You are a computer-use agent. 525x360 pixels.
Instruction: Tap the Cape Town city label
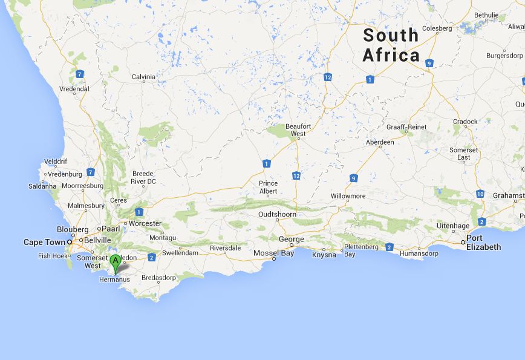tap(44, 242)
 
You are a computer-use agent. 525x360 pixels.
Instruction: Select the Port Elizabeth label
tap(483, 242)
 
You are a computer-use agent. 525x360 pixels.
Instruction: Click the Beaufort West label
tap(298, 129)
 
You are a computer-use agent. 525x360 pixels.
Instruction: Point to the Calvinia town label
tap(143, 77)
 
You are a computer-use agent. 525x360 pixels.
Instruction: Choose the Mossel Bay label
tap(273, 253)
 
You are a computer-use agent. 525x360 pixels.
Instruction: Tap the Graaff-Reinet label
tap(406, 127)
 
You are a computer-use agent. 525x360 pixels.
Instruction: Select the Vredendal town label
tap(74, 89)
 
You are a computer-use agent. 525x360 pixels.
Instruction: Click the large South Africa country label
tap(391, 45)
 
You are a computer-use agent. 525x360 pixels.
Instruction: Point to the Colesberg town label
tap(437, 28)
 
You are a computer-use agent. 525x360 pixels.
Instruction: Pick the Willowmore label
tap(348, 196)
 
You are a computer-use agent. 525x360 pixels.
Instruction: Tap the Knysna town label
tap(324, 255)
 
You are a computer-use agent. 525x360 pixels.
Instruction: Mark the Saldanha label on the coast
tap(42, 186)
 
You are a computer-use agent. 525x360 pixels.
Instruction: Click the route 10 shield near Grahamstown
tap(480, 194)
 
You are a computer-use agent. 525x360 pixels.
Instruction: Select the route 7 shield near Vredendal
tap(79, 74)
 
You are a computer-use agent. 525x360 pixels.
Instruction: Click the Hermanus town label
tap(115, 280)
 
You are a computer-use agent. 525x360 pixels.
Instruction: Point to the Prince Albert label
tap(268, 187)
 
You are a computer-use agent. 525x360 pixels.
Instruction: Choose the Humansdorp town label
tap(418, 254)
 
